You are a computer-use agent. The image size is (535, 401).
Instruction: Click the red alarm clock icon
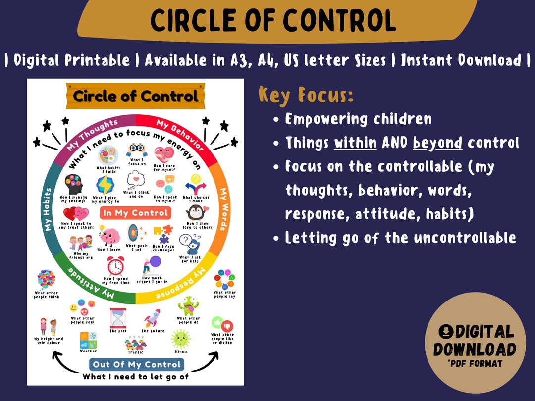click(x=116, y=266)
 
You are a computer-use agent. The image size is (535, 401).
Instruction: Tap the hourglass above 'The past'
click(x=118, y=317)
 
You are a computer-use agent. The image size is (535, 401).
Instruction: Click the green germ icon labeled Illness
click(x=181, y=339)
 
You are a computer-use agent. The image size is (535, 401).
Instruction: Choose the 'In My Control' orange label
click(x=135, y=213)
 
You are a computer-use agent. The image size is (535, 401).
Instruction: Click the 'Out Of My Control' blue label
click(x=137, y=365)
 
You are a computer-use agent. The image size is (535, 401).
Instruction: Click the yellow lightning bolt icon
click(x=106, y=185)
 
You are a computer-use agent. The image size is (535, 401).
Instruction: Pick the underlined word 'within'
click(x=355, y=143)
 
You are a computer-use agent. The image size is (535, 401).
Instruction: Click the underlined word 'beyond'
click(x=437, y=143)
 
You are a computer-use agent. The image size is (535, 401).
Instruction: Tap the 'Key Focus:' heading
click(x=306, y=95)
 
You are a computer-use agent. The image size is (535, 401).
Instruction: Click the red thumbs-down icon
click(x=228, y=326)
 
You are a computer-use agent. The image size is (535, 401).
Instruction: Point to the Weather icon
click(x=88, y=340)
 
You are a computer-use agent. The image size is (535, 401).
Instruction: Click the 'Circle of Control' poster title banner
click(x=135, y=96)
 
